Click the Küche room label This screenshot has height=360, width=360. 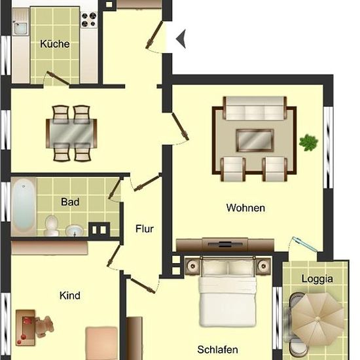pyautogui.click(x=55, y=44)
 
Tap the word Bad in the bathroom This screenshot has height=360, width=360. pyautogui.click(x=70, y=202)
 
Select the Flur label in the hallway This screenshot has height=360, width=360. pyautogui.click(x=145, y=228)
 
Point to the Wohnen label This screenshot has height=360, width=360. pyautogui.click(x=245, y=207)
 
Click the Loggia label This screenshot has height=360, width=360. pyautogui.click(x=317, y=279)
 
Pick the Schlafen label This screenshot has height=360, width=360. pyautogui.click(x=218, y=350)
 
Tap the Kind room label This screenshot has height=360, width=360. pyautogui.click(x=70, y=295)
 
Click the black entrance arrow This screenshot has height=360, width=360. pyautogui.click(x=181, y=39)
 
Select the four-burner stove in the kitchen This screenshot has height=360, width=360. pyautogui.click(x=89, y=20)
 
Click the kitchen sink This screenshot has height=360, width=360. pyautogui.click(x=20, y=28)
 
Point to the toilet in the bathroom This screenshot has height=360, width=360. pyautogui.click(x=52, y=225)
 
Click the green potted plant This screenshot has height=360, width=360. pyautogui.click(x=308, y=143)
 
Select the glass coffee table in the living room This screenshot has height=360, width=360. pyautogui.click(x=255, y=140)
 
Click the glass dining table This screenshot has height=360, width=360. pyautogui.click(x=71, y=134)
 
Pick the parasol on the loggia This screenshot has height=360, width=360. pyautogui.click(x=317, y=319)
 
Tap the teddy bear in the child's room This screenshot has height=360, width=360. pyautogui.click(x=45, y=327)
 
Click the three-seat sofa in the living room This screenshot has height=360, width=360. pyautogui.click(x=255, y=108)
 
